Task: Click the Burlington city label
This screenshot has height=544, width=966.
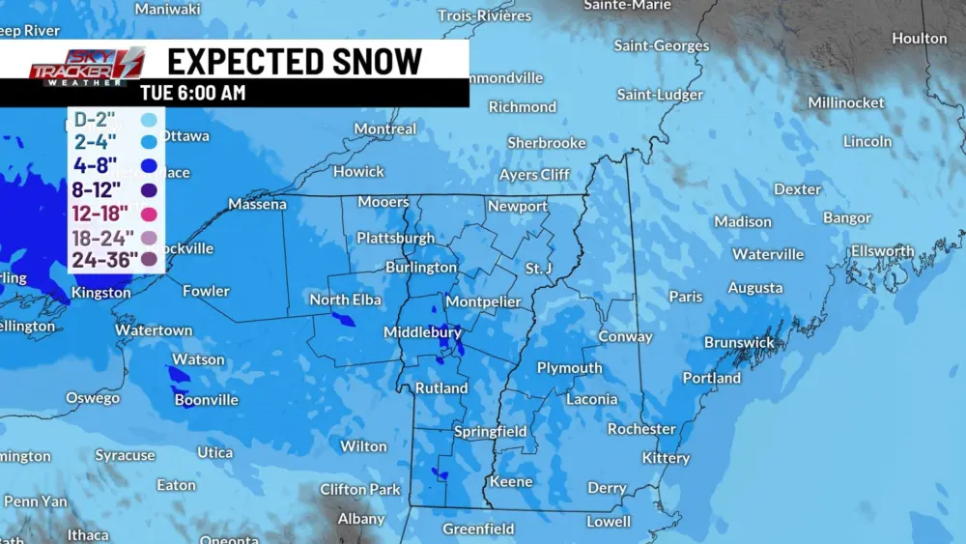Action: coord(421,267)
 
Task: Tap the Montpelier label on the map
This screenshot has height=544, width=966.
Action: coord(483,301)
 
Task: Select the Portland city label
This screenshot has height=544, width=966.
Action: coord(712,378)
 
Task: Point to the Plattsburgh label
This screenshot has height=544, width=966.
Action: coord(395,238)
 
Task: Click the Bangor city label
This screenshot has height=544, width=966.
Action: coord(847,218)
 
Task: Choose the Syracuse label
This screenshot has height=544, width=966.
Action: coord(125,455)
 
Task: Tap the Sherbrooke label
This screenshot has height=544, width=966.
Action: coord(547,143)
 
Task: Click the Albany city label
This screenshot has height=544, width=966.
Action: coord(361,519)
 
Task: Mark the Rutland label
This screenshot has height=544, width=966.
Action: coord(441,388)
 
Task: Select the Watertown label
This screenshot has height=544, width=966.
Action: coord(154,330)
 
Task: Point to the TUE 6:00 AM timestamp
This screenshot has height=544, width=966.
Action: coord(193,94)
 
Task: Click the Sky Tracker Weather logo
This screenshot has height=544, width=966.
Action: coord(86,68)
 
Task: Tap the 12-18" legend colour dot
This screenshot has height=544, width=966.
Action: coord(149,214)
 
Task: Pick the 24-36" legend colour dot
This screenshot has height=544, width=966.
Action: coord(149,259)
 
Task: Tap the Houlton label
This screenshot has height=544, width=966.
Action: coord(919,39)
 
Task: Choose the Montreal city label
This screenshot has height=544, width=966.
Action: coord(385,129)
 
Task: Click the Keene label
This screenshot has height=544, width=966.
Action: coord(511,481)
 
